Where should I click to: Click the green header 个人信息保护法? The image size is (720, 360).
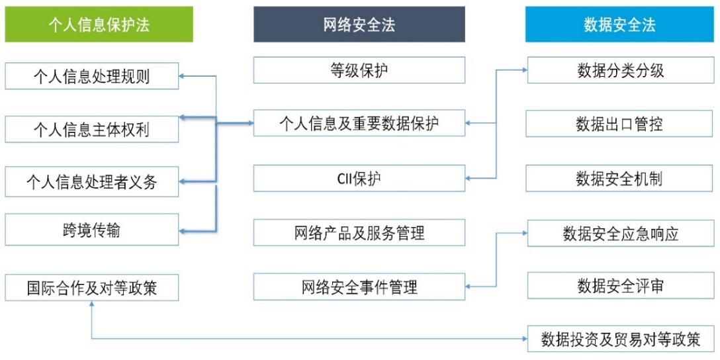99,24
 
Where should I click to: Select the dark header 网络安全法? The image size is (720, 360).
359,24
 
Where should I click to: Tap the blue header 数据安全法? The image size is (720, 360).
619,24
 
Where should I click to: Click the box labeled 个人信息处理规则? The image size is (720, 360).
91,76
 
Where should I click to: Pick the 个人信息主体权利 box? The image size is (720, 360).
91,128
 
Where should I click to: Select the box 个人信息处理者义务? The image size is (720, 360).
91,181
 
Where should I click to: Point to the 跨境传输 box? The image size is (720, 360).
91,230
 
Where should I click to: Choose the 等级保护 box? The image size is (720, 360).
359,70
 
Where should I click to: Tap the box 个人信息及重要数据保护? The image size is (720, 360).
359,123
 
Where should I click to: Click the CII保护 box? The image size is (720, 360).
359,178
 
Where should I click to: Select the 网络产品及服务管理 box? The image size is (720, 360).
359,232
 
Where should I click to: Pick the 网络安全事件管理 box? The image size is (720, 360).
359,287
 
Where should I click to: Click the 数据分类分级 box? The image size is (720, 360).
621,70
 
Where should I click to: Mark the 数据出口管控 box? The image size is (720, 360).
621,123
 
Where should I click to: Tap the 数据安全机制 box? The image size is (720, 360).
621,178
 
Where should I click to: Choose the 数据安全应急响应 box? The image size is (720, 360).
621,233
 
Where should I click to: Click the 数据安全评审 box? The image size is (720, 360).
621,286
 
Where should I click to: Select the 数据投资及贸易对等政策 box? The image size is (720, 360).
621,339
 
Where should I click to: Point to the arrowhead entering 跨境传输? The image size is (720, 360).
183,230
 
